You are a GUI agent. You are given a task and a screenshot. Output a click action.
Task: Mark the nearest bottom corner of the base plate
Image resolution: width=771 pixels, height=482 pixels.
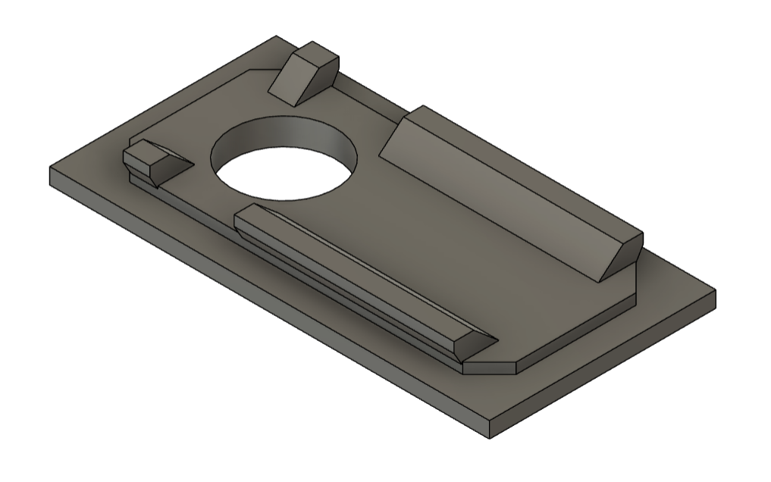(x=490, y=438)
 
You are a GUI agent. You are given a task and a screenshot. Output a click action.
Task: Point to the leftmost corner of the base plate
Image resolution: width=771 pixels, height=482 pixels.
(x=50, y=168)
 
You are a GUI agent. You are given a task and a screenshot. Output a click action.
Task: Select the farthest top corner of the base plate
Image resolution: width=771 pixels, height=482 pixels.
(x=277, y=36)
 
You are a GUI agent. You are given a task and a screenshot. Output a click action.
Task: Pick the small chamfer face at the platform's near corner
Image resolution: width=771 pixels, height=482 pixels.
(x=489, y=368)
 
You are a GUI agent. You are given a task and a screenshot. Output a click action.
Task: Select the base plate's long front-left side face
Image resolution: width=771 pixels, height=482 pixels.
(x=265, y=303)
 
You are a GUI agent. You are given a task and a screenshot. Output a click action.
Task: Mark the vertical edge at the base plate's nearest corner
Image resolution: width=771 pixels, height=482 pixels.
(x=490, y=429)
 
